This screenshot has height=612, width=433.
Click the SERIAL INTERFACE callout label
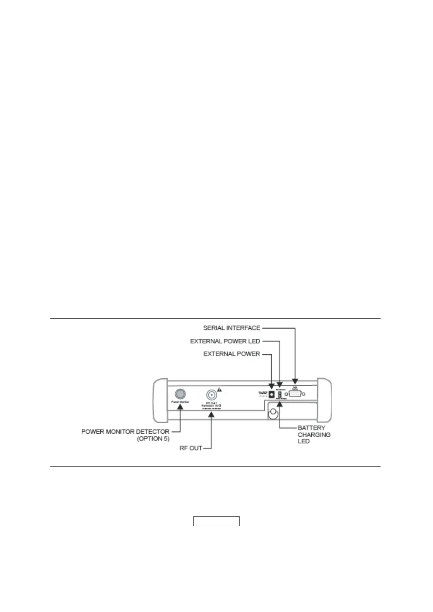click(232, 328)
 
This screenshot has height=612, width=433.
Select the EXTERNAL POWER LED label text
click(225, 342)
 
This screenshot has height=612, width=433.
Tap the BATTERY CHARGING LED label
click(314, 435)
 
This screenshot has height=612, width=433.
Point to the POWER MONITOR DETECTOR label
click(125, 432)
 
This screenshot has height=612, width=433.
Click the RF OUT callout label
click(191, 448)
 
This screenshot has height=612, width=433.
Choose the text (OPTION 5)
click(153, 439)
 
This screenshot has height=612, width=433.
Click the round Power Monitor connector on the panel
click(180, 394)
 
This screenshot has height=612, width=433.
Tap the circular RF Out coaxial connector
click(212, 395)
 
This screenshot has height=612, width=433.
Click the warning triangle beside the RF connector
click(219, 390)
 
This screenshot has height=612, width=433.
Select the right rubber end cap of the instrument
click(326, 401)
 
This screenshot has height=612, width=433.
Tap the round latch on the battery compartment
click(273, 414)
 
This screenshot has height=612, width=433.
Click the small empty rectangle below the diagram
click(216, 521)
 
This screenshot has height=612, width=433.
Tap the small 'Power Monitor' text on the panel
click(180, 402)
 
